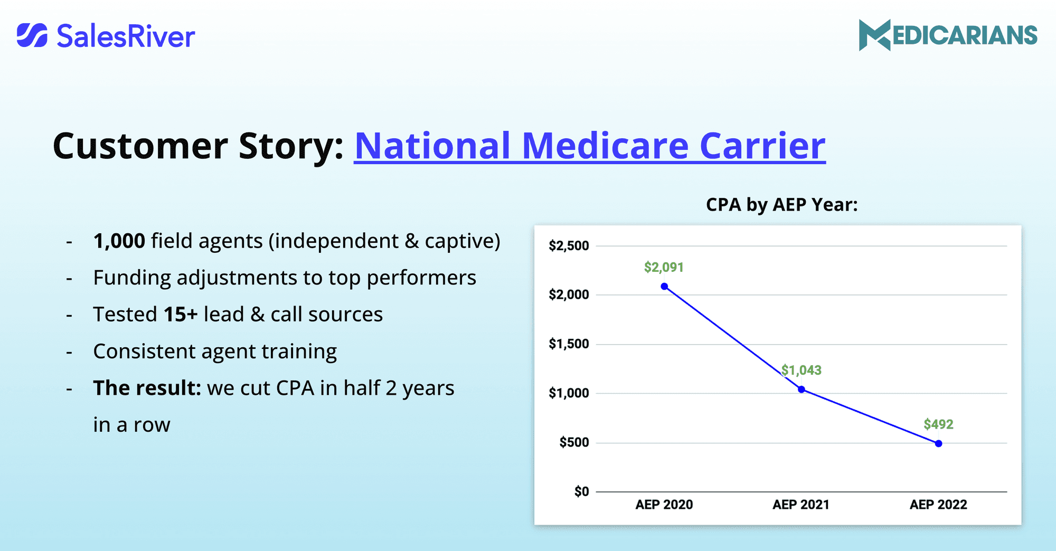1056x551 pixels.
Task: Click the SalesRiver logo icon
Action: pyautogui.click(x=32, y=35)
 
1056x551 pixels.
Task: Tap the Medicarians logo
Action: pyautogui.click(x=948, y=35)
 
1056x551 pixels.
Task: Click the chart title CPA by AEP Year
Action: pyautogui.click(x=781, y=205)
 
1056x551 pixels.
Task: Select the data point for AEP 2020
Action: pyautogui.click(x=664, y=287)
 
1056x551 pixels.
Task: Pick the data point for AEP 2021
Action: pyautogui.click(x=802, y=389)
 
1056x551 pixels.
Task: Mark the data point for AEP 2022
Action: pyautogui.click(x=938, y=444)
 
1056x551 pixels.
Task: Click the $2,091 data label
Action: pyautogui.click(x=664, y=268)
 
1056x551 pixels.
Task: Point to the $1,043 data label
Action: pyautogui.click(x=802, y=370)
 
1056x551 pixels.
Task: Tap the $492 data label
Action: pyautogui.click(x=938, y=424)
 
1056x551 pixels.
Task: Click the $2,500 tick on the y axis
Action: pyautogui.click(x=569, y=246)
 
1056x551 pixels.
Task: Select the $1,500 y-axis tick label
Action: pyautogui.click(x=569, y=344)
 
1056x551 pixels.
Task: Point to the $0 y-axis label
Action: pyautogui.click(x=581, y=492)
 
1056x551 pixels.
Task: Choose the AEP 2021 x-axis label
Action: pyautogui.click(x=801, y=505)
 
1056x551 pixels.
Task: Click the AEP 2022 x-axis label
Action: pyautogui.click(x=938, y=505)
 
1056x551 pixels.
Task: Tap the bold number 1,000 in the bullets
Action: pyautogui.click(x=119, y=241)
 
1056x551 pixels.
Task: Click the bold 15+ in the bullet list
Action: pyautogui.click(x=181, y=315)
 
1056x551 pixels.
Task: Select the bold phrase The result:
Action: pyautogui.click(x=147, y=388)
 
